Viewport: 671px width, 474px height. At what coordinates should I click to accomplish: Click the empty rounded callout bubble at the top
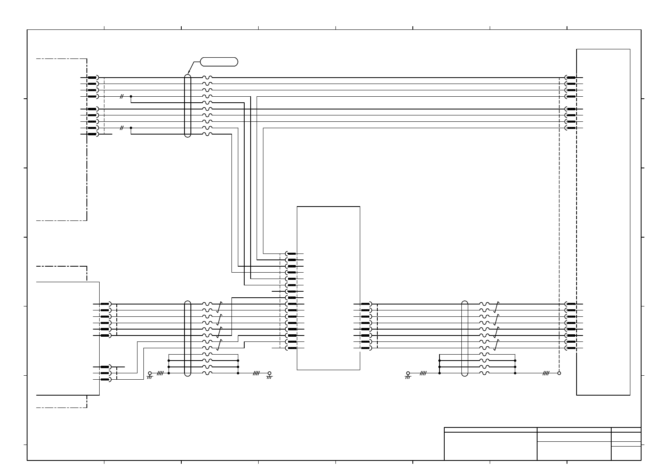click(x=219, y=62)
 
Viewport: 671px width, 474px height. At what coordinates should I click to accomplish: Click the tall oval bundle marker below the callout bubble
click(x=188, y=105)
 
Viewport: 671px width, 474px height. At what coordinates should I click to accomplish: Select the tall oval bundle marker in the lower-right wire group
click(x=465, y=338)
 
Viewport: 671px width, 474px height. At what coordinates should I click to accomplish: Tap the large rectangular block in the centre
click(x=328, y=288)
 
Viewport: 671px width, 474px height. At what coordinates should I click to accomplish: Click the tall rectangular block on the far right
click(x=603, y=222)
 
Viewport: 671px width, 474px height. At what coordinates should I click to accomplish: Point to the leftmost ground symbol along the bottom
click(x=150, y=375)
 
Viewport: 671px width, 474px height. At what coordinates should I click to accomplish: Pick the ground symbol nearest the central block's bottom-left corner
click(x=269, y=375)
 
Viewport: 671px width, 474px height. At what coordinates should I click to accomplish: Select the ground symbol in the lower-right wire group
click(x=408, y=375)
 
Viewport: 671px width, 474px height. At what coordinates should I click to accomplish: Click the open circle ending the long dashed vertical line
click(x=559, y=373)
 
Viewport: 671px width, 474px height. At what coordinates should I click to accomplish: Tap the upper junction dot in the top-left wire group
click(x=131, y=96)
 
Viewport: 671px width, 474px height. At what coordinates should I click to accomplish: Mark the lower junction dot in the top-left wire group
click(x=131, y=128)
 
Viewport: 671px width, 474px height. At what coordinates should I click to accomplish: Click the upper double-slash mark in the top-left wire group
click(x=122, y=96)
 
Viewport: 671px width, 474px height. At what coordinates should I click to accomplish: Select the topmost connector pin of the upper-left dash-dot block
click(x=93, y=78)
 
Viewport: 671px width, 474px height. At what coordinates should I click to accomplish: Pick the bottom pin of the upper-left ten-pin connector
click(x=93, y=135)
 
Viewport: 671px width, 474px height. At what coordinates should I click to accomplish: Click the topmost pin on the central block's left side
click(x=291, y=254)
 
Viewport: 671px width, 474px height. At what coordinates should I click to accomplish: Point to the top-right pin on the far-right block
click(x=571, y=78)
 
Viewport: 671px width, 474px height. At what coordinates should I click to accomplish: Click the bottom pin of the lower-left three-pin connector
click(x=106, y=380)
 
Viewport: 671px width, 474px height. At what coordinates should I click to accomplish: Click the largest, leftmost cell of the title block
click(x=490, y=446)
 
